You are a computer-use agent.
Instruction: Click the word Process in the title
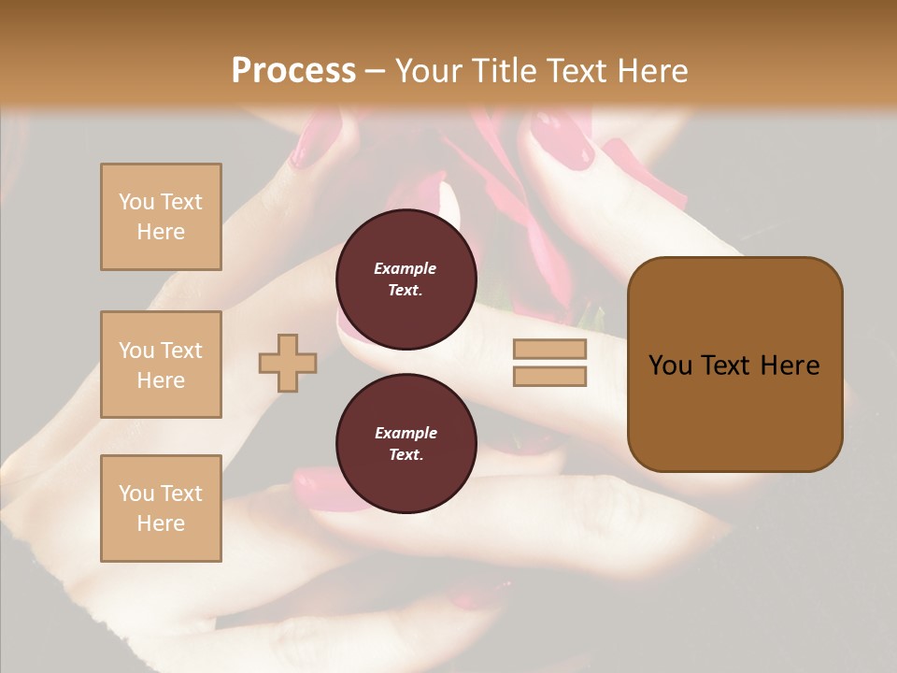click(293, 70)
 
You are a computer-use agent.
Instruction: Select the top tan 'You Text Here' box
click(161, 217)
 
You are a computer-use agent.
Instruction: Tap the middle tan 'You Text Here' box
click(161, 365)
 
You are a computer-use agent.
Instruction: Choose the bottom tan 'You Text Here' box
click(161, 508)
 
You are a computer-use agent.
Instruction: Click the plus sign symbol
click(288, 363)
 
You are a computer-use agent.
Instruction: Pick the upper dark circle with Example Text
click(406, 279)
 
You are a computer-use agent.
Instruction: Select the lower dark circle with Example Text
click(406, 443)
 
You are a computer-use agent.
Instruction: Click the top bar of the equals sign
click(549, 349)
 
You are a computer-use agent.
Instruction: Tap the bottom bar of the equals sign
click(549, 377)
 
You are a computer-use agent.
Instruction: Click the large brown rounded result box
click(734, 365)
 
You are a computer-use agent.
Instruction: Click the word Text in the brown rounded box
click(728, 365)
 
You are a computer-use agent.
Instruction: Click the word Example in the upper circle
click(406, 268)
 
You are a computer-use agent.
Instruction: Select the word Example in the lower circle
click(406, 433)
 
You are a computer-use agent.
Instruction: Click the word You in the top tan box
click(135, 202)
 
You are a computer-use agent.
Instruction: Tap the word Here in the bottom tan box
click(161, 523)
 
